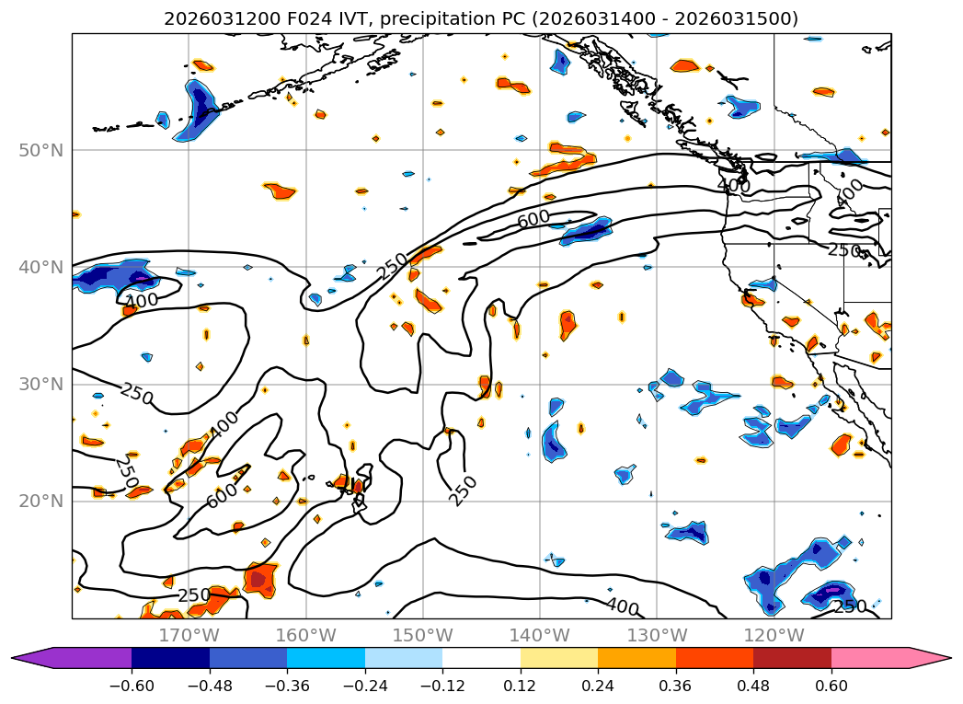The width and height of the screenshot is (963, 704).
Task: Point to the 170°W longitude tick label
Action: [x=189, y=635]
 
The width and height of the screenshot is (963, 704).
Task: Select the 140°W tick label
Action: [x=540, y=635]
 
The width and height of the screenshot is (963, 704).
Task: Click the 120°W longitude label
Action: [x=774, y=635]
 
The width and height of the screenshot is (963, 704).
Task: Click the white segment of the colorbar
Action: [x=481, y=657]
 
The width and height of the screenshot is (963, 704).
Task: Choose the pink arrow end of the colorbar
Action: [x=929, y=657]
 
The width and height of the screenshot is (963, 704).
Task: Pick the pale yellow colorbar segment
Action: [x=559, y=657]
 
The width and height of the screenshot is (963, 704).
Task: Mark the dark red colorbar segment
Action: [x=792, y=657]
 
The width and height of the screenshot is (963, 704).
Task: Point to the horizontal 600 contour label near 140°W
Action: [x=533, y=220]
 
